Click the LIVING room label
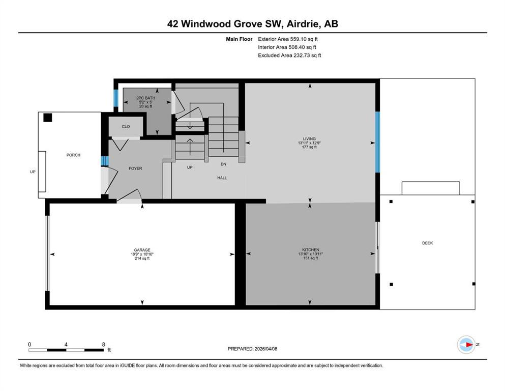pos(309,138)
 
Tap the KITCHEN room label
pos(310,250)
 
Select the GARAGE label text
pos(142,250)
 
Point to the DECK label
pos(427,243)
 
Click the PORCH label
pos(73,155)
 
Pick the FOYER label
pos(135,168)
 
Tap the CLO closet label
pos(126,127)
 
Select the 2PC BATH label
pos(145,98)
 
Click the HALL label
pos(222,178)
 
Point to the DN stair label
pos(224,164)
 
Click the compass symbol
pos(466,345)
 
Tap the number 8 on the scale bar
pos(103,344)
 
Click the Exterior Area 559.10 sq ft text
pos(288,39)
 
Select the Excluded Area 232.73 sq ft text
pos(289,55)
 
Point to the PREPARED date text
pos(252,349)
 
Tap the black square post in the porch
pos(48,118)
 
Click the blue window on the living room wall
pos(377,142)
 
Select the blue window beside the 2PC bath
pos(116,98)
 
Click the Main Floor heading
pos(239,39)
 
